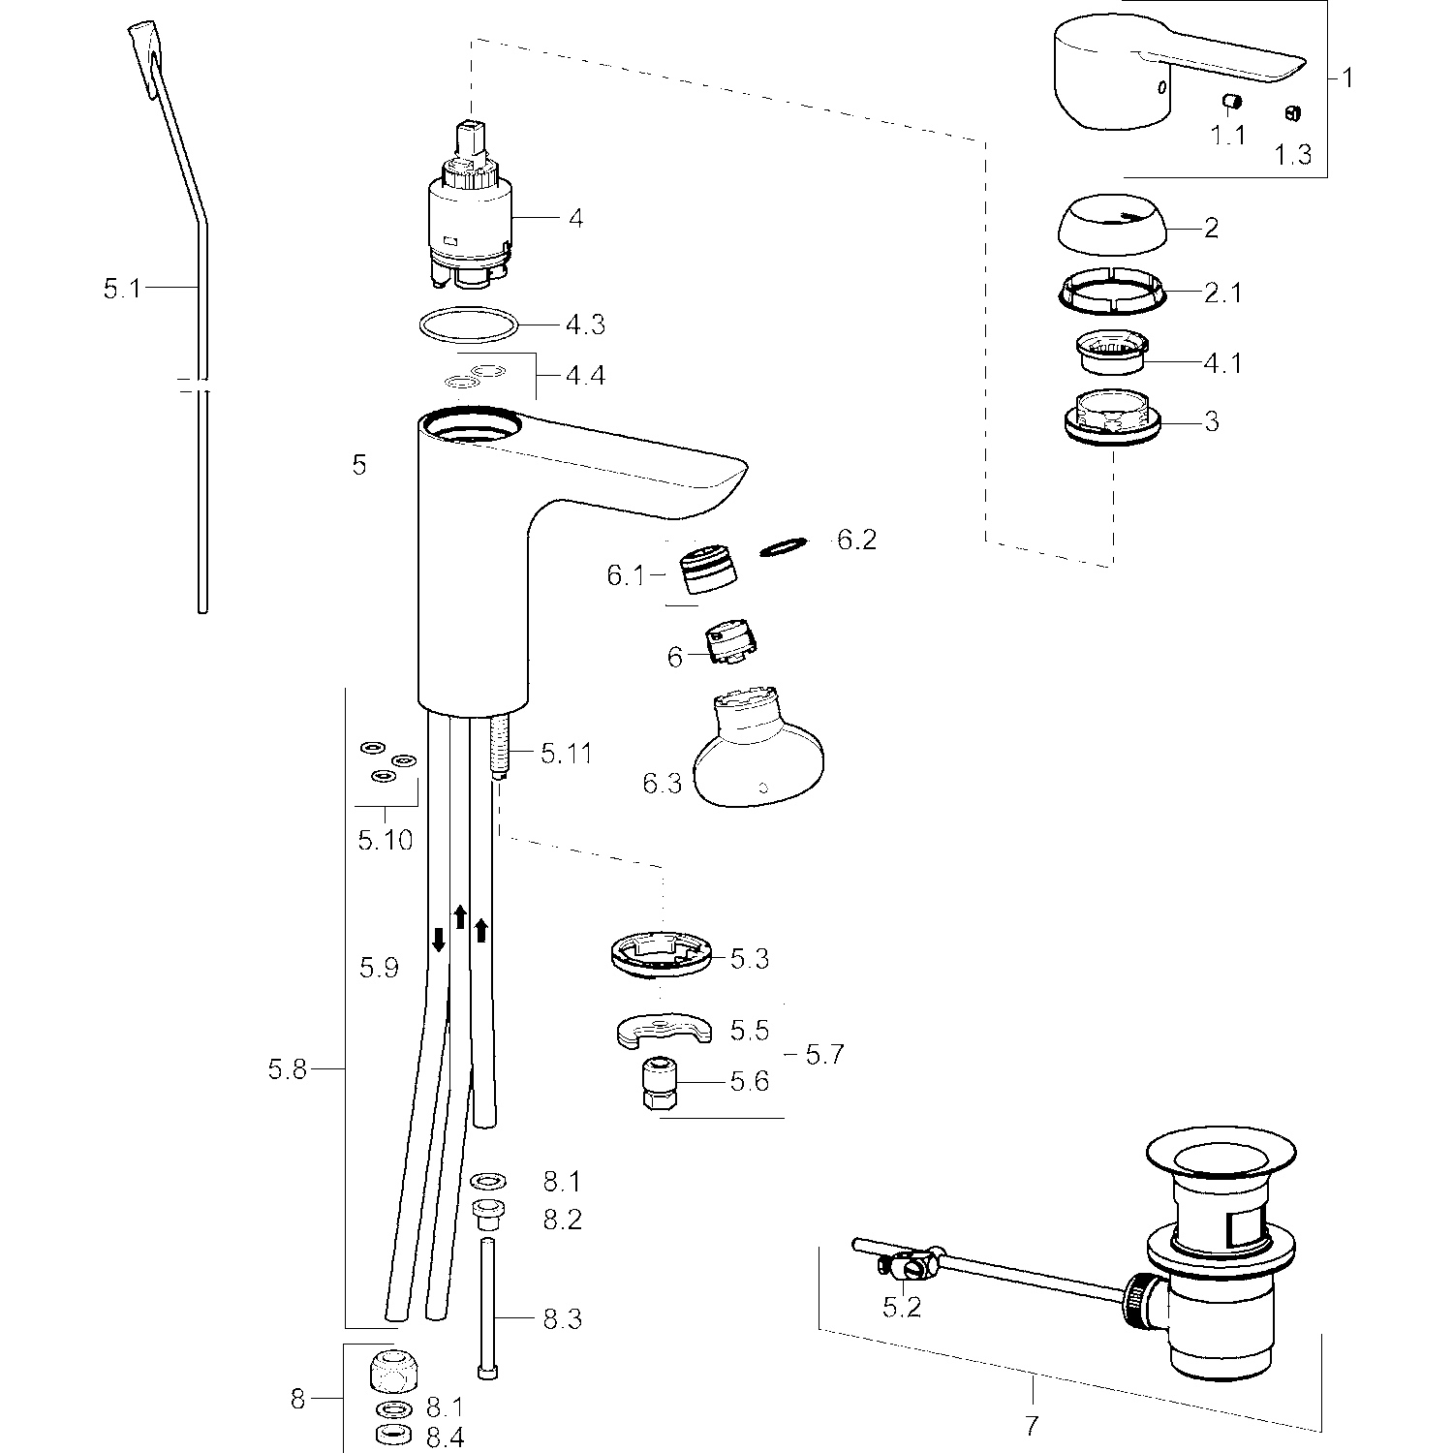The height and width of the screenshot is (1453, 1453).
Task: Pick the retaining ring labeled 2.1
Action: point(1110,292)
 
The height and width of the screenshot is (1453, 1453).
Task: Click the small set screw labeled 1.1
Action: point(1231,102)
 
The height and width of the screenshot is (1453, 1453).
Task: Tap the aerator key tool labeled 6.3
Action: point(760,756)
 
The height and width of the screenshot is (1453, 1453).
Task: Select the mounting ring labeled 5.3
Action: point(662,954)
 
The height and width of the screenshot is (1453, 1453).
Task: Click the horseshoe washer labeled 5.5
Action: point(662,1030)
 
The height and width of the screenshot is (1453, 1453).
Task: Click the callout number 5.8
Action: point(287,1069)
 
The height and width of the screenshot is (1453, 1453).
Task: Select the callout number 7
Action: point(1031,1426)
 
